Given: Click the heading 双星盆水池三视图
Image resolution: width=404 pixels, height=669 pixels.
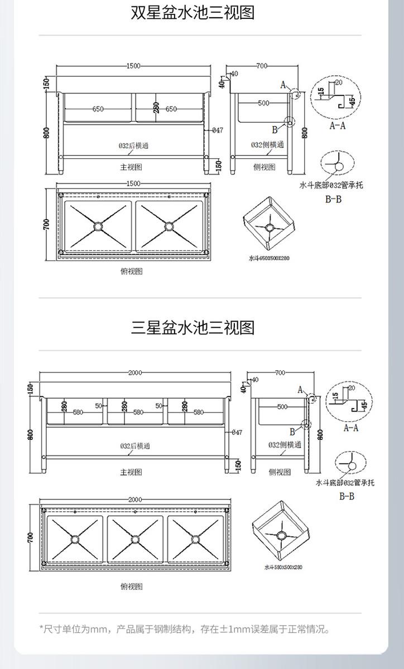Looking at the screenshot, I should click(193, 13).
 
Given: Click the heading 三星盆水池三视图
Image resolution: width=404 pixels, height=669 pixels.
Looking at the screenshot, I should click(193, 327).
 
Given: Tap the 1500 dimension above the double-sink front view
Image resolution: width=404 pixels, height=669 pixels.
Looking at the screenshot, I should click(133, 66).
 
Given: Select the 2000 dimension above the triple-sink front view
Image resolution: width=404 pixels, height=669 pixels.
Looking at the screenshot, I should click(135, 372).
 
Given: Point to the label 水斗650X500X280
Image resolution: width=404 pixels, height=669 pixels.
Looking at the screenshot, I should click(270, 258).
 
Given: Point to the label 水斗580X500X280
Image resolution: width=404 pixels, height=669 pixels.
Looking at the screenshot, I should click(283, 567).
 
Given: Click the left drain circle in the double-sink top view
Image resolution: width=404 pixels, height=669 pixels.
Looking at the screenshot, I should click(98, 226).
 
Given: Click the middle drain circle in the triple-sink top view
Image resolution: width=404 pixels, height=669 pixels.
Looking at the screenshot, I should click(135, 539).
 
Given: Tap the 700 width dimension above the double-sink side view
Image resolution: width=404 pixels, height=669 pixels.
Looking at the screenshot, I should click(262, 66).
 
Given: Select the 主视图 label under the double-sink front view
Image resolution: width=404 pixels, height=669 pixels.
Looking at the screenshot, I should click(132, 167).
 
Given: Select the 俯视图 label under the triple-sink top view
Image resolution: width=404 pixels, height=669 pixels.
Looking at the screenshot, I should click(132, 586).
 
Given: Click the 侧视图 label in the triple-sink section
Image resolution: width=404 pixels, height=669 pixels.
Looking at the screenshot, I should click(280, 472).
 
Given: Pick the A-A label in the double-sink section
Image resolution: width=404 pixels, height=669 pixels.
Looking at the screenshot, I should click(338, 126).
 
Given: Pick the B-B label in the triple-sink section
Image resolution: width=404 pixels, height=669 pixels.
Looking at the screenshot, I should click(347, 496).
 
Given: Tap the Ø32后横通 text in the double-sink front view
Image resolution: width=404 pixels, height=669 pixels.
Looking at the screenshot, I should click(133, 146).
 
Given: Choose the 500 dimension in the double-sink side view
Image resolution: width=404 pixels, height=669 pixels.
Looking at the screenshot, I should click(263, 103).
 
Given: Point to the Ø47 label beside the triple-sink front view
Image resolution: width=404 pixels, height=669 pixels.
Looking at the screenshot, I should click(236, 432).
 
